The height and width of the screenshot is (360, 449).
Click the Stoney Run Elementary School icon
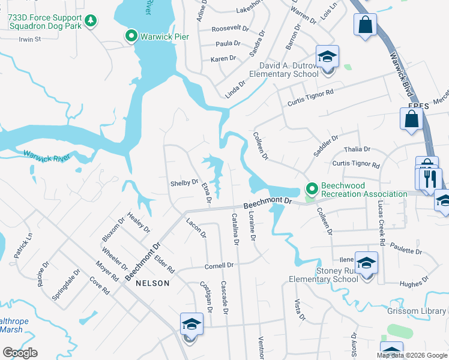[366, 264]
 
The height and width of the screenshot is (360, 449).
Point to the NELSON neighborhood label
[152, 283]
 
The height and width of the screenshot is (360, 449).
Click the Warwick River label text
[47, 156]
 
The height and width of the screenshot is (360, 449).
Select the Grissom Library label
[423, 311]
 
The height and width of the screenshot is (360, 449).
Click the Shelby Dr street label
[184, 182]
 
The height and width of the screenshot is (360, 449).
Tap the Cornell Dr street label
[218, 265]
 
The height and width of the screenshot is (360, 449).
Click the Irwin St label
[29, 40]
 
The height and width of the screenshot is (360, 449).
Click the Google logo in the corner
[20, 353]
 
